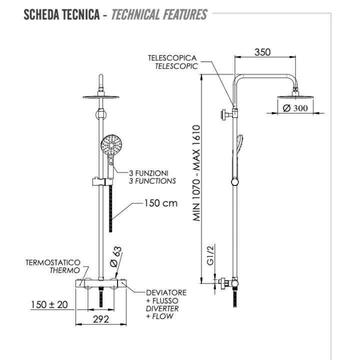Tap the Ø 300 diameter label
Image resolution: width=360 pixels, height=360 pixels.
pyautogui.click(x=294, y=108)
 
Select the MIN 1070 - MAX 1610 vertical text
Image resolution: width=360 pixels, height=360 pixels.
pyautogui.click(x=197, y=173)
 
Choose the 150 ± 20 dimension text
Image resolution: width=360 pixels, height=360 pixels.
pyautogui.click(x=48, y=305)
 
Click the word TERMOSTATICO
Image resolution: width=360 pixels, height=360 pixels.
pyautogui.click(x=53, y=262)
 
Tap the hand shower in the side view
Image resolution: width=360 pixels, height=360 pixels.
pyautogui.click(x=239, y=150)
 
